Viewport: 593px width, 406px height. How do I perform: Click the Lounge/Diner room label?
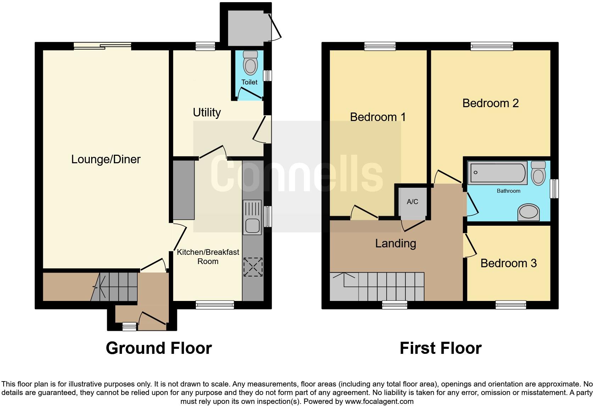coord(106,159)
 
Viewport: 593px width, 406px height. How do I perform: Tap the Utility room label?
coord(207,113)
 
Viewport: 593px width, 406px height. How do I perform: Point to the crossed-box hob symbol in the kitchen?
coord(253,267)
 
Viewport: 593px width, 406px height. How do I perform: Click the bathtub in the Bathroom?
coord(497,172)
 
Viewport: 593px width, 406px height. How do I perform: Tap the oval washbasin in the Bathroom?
coord(528,213)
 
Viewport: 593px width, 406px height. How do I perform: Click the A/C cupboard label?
coord(412,202)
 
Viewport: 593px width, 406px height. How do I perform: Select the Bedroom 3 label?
coord(508,263)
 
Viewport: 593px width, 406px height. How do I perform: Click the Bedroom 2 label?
coord(491,103)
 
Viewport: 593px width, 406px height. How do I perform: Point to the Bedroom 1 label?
coord(378,117)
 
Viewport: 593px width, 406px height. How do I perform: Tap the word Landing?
coord(395,243)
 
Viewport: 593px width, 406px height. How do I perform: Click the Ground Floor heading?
coord(159,348)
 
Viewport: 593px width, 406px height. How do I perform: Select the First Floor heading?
coord(440,348)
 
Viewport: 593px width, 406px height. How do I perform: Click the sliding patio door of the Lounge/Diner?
coord(102,46)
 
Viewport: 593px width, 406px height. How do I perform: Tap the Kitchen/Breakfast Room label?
coord(208,257)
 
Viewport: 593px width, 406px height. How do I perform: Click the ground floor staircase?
coord(117,286)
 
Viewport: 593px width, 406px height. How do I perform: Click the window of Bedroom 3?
coord(511,304)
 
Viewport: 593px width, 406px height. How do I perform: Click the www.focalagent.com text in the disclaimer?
coord(379,401)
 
